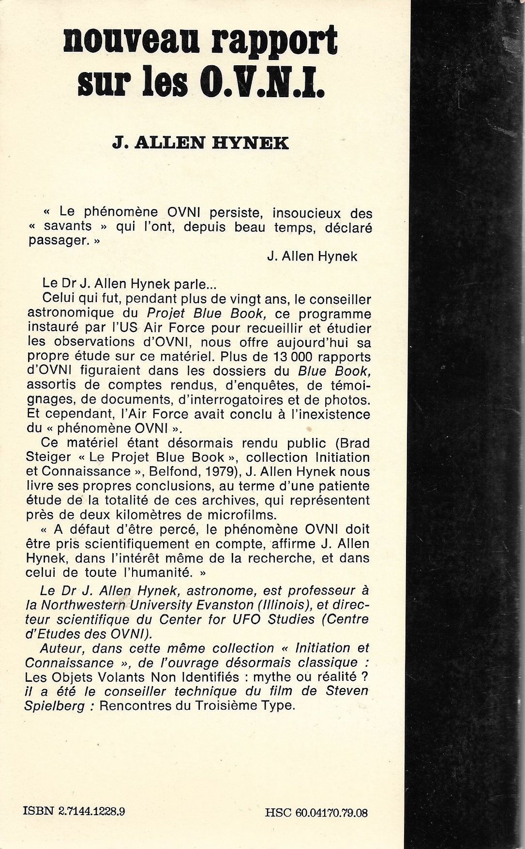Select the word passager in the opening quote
(52, 242)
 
